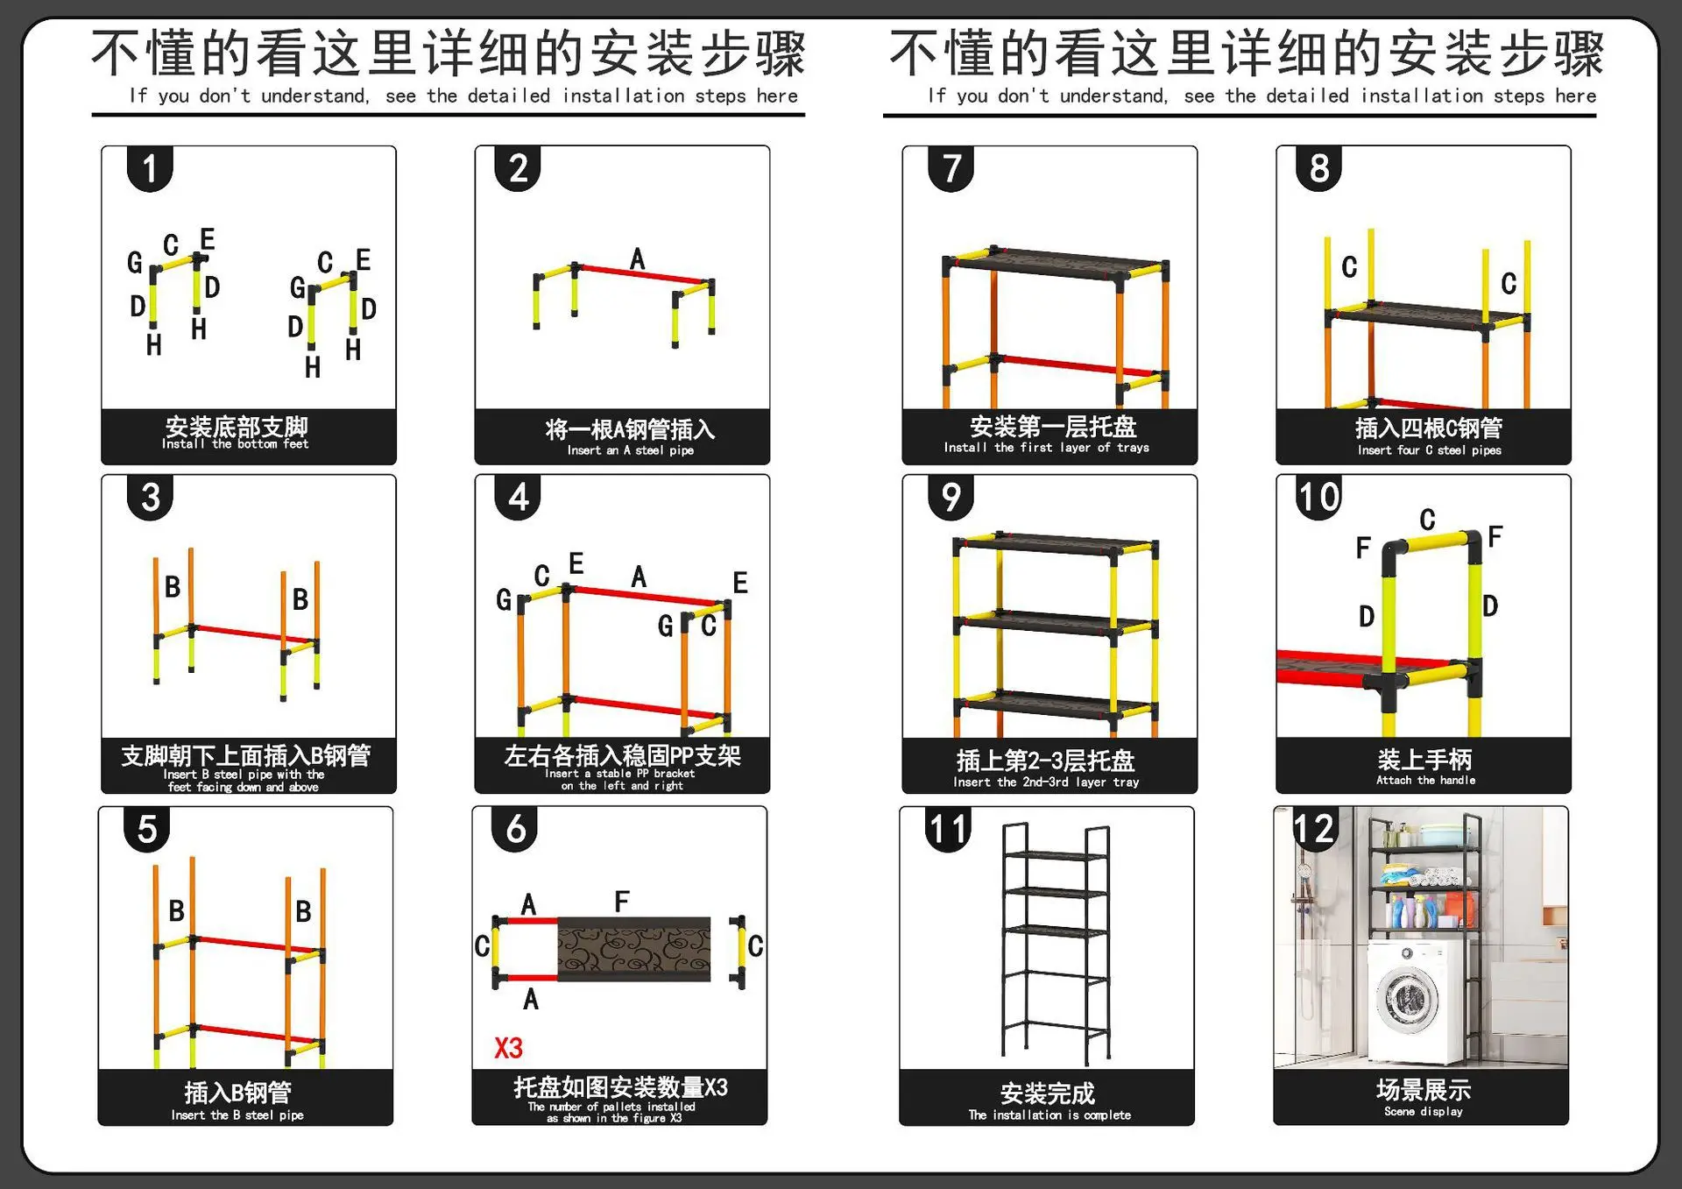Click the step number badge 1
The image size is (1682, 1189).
(150, 169)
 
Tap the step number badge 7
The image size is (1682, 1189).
(951, 169)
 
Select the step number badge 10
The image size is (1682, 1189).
(1318, 498)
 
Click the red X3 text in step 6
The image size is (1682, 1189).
(508, 1048)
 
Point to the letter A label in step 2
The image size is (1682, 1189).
(637, 259)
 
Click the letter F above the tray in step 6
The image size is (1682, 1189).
(621, 902)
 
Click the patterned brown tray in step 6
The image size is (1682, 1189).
(633, 949)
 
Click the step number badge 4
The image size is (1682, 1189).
(518, 498)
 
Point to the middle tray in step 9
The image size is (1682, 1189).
(1056, 624)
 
